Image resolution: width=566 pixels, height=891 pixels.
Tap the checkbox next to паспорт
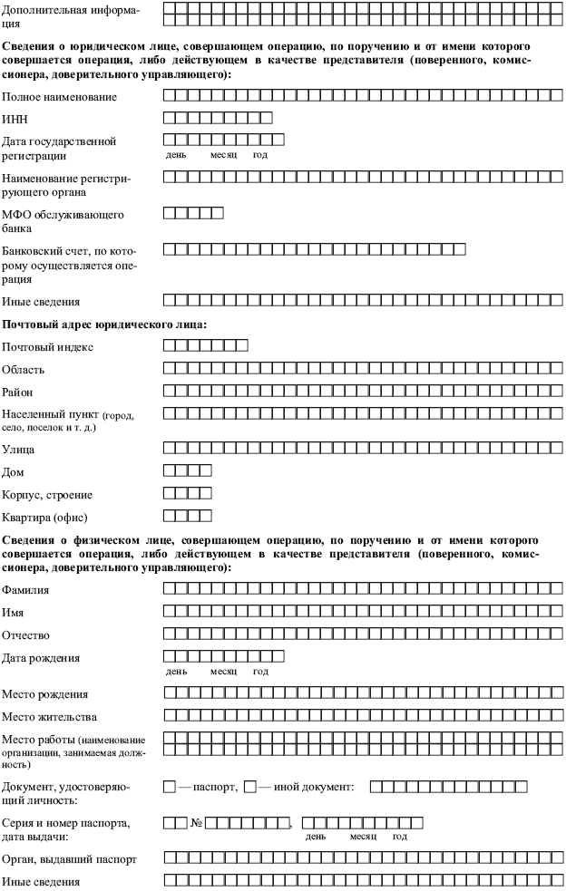point(170,787)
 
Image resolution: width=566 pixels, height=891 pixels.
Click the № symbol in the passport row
point(196,824)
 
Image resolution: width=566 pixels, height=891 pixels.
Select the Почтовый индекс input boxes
point(206,345)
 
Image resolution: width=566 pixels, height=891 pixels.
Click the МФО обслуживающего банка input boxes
point(193,213)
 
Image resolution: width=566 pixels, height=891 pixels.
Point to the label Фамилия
point(26,590)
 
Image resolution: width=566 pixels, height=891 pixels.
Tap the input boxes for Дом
point(188,470)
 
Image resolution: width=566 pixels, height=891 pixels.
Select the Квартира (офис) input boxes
point(188,518)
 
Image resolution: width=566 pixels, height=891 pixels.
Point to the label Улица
point(19,449)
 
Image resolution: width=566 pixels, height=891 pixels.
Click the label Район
point(20,392)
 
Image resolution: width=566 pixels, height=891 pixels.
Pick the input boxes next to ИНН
point(218,117)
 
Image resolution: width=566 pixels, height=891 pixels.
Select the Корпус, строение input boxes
point(188,494)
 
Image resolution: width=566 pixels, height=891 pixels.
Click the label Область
point(24,370)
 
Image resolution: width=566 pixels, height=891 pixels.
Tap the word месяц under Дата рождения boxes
point(223,672)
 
